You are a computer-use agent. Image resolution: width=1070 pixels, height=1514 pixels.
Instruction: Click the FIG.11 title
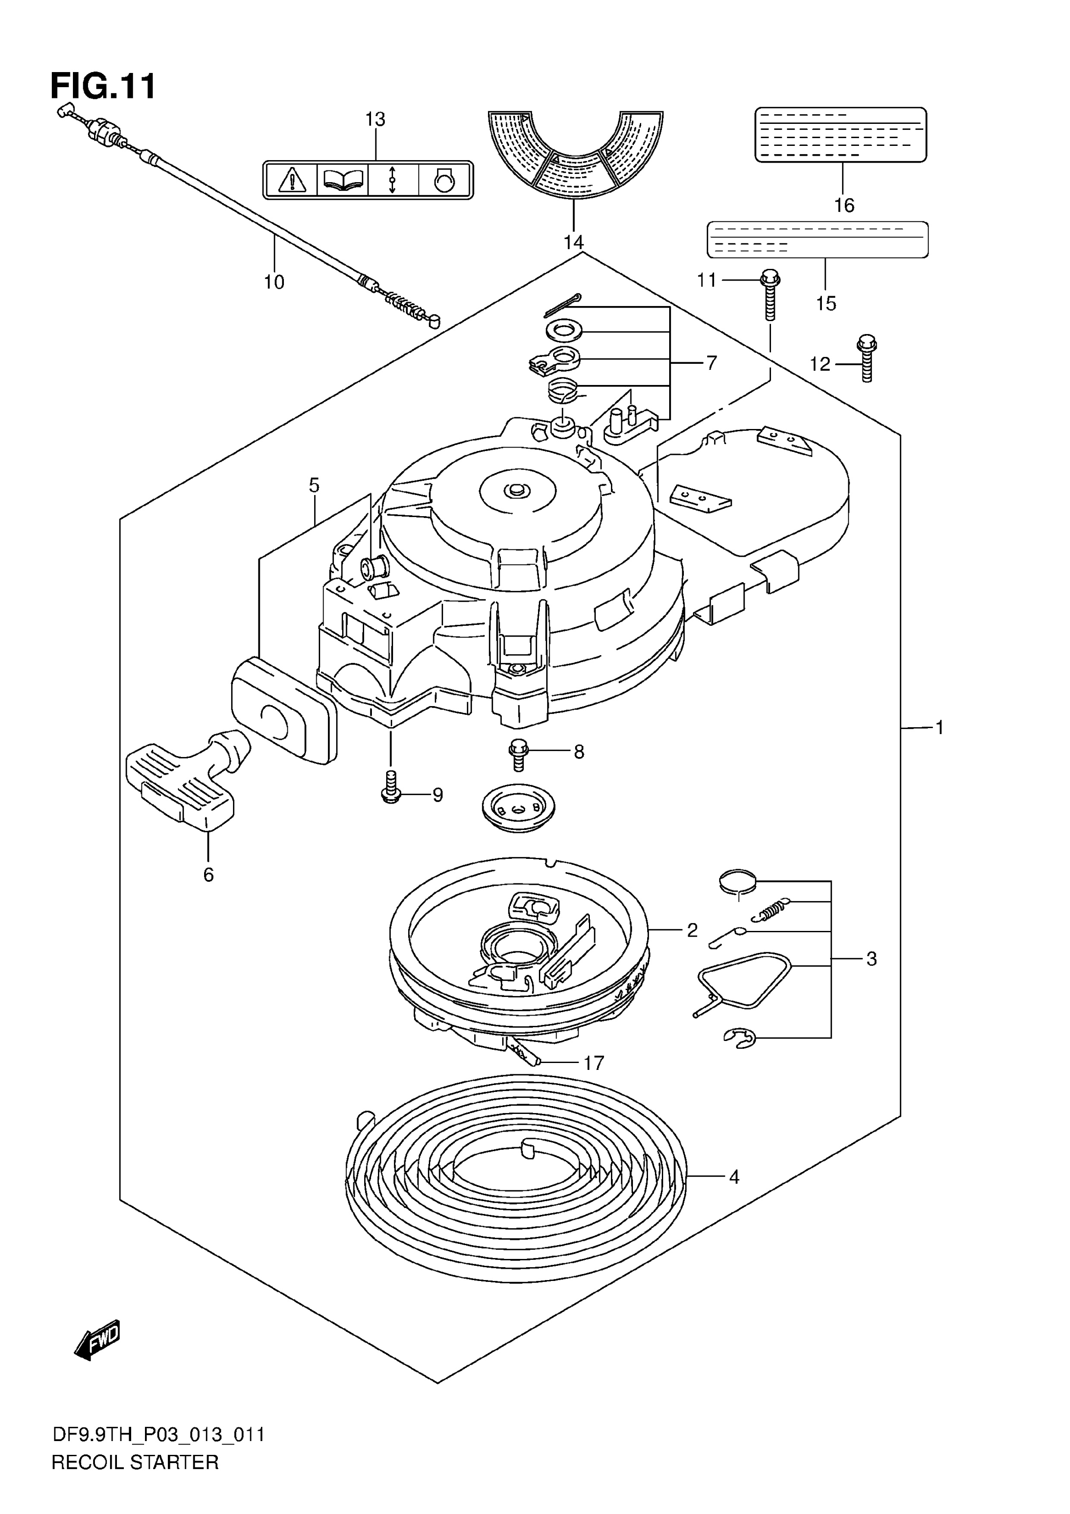(104, 86)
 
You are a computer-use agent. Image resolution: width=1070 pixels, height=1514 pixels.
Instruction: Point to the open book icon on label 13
(343, 178)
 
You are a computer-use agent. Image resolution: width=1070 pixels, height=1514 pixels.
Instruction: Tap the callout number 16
(844, 206)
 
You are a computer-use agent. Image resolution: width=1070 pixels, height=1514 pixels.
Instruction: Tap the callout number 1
(939, 728)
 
